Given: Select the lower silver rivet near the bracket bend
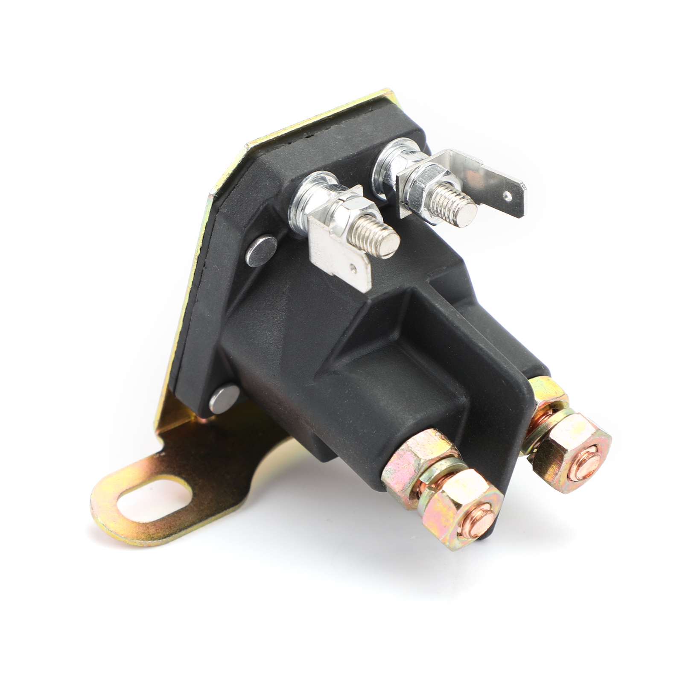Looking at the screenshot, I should [x=222, y=399].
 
